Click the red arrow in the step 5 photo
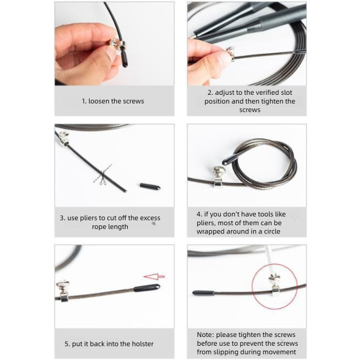click(155, 276)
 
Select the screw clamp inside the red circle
click(275, 285)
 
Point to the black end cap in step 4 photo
click(230, 159)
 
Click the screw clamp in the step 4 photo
click(218, 176)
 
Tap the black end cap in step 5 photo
click(147, 288)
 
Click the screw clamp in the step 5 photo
click(63, 290)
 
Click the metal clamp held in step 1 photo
click(117, 44)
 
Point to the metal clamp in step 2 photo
click(231, 54)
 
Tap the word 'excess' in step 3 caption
click(150, 218)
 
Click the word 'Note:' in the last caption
click(205, 335)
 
